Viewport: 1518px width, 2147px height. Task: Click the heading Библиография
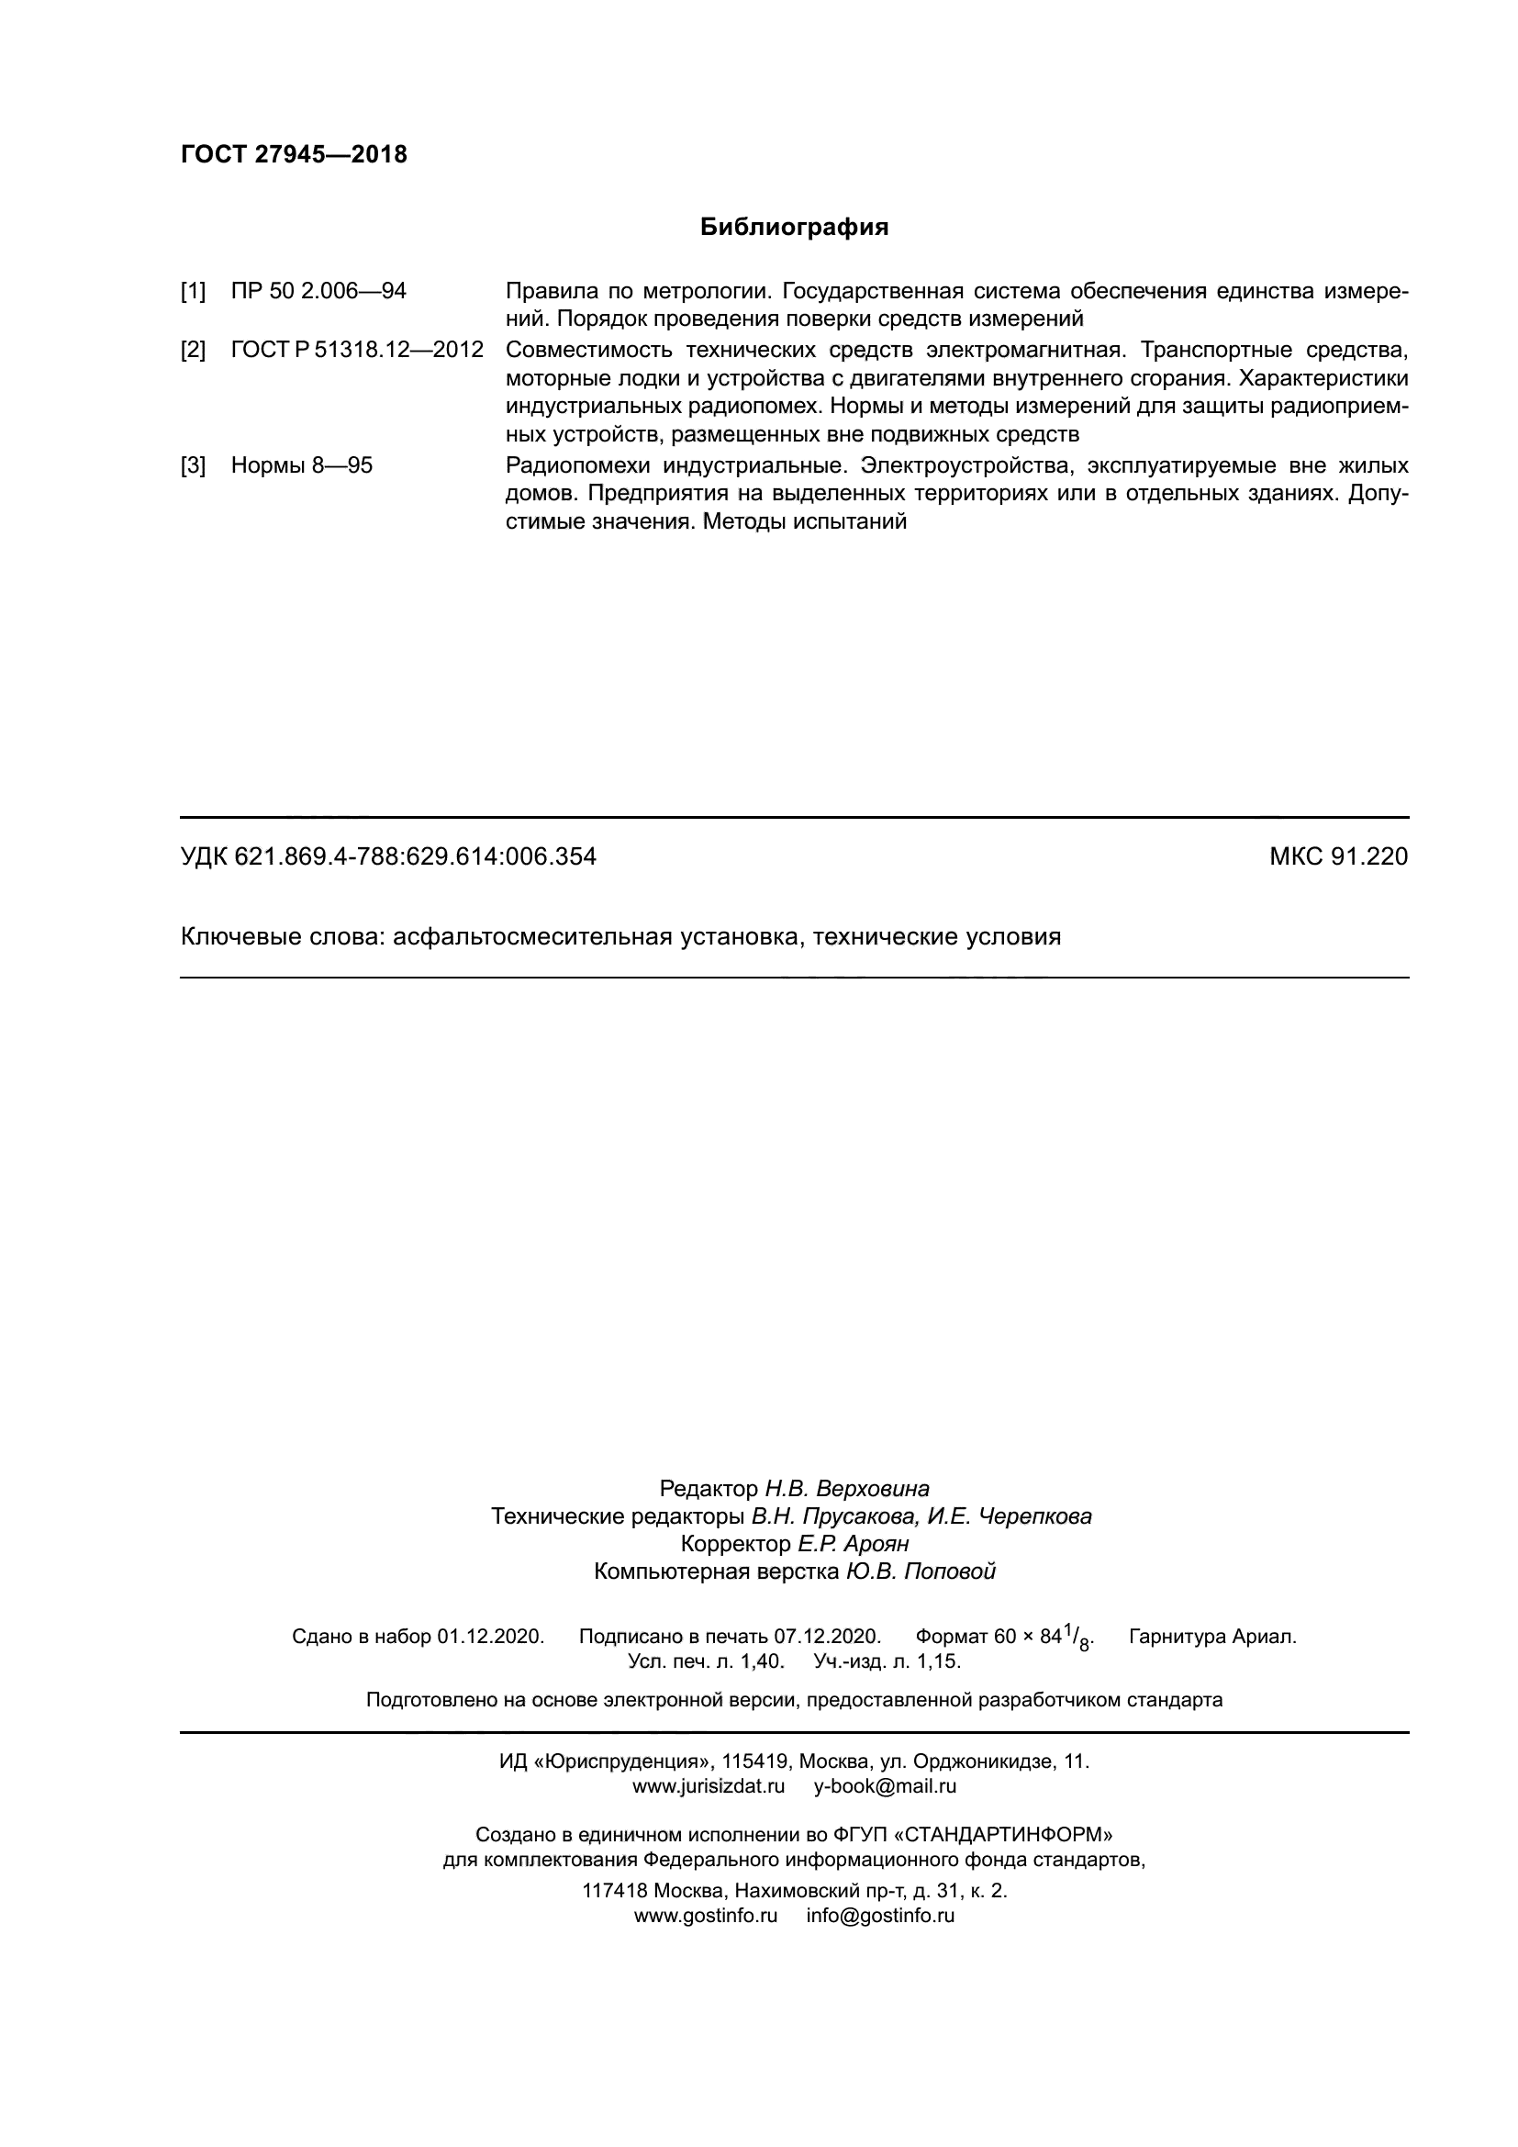coord(794,228)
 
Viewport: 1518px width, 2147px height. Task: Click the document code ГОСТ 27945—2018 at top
coord(294,155)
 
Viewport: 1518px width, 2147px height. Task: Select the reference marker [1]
coord(193,291)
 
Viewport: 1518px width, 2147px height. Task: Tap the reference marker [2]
coord(193,351)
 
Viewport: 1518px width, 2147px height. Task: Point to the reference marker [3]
coord(193,465)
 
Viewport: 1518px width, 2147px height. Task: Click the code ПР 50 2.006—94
coord(318,291)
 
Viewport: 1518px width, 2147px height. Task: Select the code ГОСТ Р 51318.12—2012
coord(357,351)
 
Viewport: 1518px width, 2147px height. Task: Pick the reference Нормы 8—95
coord(301,465)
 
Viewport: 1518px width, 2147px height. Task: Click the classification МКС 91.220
coord(1337,856)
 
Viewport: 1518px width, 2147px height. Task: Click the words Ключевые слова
coord(280,937)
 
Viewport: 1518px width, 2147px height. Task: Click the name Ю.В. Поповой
coord(921,1571)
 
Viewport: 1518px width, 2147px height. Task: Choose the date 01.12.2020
coord(490,1637)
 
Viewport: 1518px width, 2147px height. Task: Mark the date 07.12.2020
coord(827,1637)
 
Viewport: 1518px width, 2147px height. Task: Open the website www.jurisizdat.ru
coord(709,1786)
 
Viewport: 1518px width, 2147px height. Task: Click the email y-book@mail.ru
coord(885,1786)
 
